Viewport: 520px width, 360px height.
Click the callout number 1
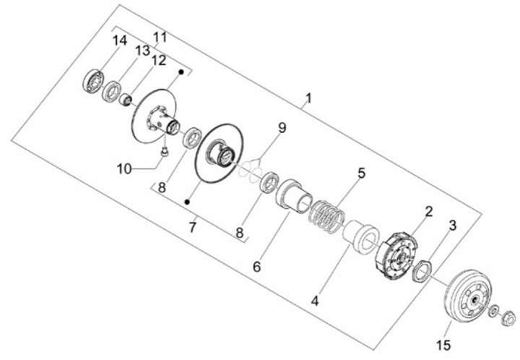point(308,98)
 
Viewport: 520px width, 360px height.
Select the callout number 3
point(452,226)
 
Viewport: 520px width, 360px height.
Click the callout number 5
point(362,173)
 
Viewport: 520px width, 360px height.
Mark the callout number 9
point(282,128)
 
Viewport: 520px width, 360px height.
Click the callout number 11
point(160,37)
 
